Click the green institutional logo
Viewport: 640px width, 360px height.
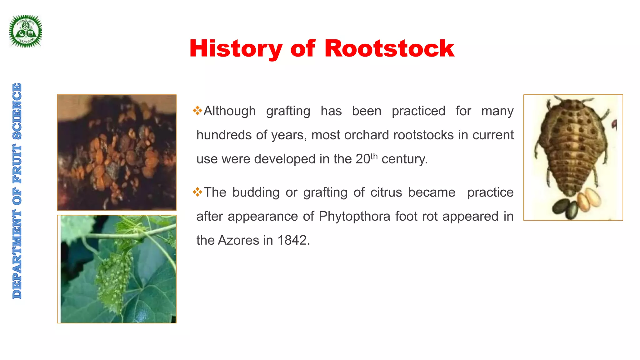tap(25, 31)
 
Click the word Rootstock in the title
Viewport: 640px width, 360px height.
tap(389, 49)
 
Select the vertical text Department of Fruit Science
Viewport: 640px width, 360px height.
tap(17, 191)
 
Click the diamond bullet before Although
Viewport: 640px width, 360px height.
tap(197, 111)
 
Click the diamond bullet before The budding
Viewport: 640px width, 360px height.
tap(197, 192)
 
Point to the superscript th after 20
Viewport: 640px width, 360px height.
tap(374, 156)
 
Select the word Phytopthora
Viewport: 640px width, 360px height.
tap(354, 216)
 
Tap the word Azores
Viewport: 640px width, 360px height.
tap(238, 240)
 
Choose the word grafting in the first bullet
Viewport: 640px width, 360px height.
tap(288, 111)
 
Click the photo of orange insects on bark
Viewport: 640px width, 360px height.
tap(117, 152)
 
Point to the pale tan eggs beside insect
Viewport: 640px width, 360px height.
tap(589, 199)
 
